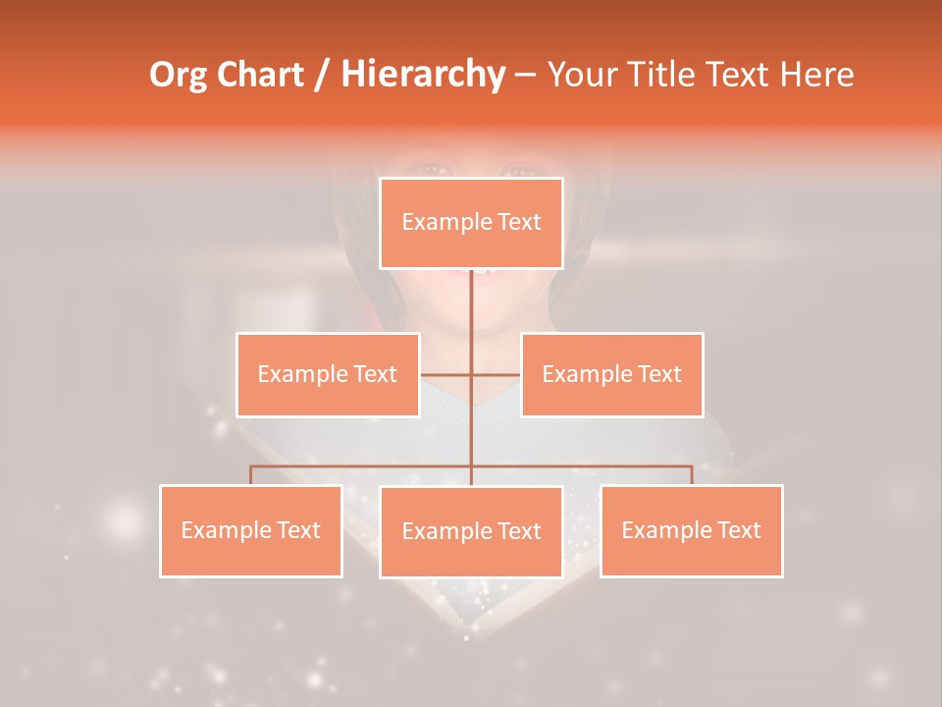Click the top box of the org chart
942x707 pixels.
pos(471,223)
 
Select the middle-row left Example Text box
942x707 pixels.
pos(328,374)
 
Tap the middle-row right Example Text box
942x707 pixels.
pos(611,374)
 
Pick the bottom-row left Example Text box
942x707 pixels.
pos(251,530)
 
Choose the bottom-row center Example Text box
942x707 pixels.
pos(471,531)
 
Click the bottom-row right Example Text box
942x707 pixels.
pos(691,530)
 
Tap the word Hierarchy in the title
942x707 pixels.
pos(423,75)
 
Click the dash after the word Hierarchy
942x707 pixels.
pos(525,75)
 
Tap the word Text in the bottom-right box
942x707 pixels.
pos(738,530)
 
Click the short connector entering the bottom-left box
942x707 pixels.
pos(251,475)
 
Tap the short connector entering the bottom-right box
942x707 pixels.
pos(692,475)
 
